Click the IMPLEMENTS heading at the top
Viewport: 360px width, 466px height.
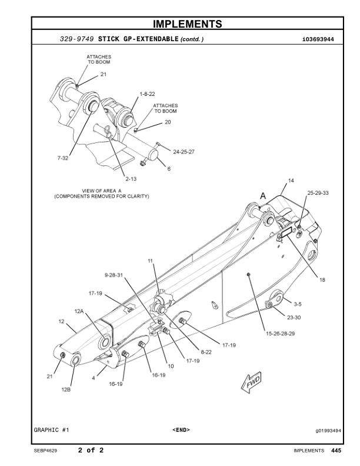[x=187, y=24]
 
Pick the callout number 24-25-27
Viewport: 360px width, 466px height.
[x=184, y=151]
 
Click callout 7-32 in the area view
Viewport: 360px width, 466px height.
[x=63, y=158]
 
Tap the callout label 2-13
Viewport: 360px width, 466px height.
[x=131, y=178]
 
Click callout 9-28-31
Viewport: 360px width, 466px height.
[x=112, y=275]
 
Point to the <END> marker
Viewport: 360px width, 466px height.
[x=181, y=430]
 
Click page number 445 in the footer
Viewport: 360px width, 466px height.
[x=336, y=451]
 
